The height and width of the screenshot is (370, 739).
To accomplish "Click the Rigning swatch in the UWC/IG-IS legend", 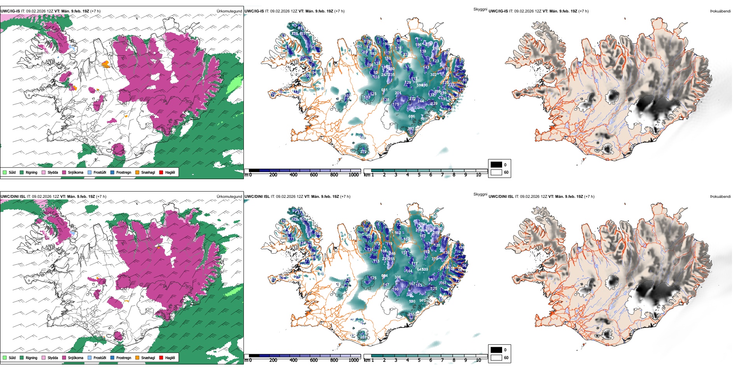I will [22, 172].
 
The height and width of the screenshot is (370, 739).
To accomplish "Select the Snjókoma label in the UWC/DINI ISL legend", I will [75, 358].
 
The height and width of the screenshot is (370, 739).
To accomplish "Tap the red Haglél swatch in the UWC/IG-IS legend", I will [161, 172].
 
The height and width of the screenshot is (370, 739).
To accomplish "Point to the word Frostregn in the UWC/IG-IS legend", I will [124, 172].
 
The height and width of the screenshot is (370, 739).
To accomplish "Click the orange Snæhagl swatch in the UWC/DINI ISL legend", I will [137, 358].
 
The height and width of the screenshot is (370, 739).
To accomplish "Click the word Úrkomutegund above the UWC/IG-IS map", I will [229, 11].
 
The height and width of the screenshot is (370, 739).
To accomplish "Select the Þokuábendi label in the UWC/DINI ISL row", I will [720, 196].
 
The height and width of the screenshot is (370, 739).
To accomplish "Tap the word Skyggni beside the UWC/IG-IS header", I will [480, 9].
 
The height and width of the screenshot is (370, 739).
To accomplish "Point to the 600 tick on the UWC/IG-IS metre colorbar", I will [314, 175].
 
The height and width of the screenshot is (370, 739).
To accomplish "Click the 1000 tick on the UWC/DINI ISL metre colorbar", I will [354, 360].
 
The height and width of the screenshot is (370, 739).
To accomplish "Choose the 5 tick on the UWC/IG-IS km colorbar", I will [419, 175].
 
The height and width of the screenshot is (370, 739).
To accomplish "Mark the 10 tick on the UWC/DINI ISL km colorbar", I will [478, 360].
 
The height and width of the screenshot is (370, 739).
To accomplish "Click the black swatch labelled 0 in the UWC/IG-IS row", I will [496, 165].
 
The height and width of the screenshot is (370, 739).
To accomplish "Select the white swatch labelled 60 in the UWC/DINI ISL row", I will [496, 358].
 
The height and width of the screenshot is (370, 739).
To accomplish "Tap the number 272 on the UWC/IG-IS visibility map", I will [363, 152].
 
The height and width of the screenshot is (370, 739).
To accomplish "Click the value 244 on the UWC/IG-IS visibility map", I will [420, 101].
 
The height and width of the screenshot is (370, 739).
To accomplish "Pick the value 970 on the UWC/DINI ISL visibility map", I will [422, 301].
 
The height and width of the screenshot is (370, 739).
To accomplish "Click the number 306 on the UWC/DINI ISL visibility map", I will [398, 277].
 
